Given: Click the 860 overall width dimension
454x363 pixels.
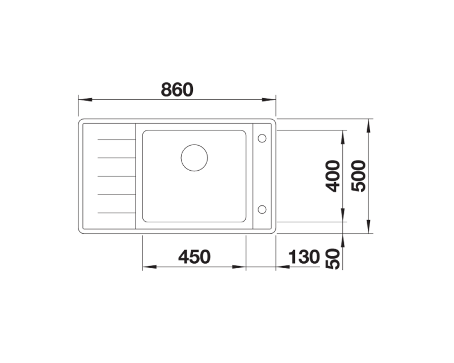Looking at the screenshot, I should pos(177,89).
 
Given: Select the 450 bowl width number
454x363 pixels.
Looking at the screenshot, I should pos(194,257).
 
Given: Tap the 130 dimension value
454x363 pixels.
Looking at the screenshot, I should pos(304,257).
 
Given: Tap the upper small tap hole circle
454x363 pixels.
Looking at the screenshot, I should pos(262,138).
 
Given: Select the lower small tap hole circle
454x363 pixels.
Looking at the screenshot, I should pos(262,209).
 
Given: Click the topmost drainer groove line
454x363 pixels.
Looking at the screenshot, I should pos(116,138).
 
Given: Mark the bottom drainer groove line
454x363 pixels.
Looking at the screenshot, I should pos(116,212).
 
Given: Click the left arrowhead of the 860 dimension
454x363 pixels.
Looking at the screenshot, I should pos(83,100).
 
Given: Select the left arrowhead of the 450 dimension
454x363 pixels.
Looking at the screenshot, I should pos(146,267).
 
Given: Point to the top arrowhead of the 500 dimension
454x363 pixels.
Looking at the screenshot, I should pos(369,123).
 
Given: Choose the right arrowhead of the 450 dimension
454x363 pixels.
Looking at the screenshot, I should pos(242,267).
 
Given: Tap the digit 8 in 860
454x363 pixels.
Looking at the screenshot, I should pos(166,89).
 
